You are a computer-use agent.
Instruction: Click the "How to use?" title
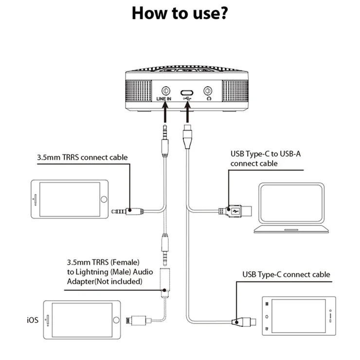pos(180,13)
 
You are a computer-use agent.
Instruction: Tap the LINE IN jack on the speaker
pos(166,90)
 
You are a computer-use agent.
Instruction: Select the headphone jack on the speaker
pos(209,90)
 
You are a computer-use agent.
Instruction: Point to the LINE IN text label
pos(164,99)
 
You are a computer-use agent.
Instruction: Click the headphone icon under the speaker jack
pos(209,99)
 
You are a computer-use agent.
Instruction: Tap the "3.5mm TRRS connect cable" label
pos(82,158)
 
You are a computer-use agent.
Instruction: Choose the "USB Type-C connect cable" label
pos(286,274)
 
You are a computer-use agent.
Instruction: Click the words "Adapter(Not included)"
pos(105,282)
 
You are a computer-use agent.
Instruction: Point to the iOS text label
pos(33,321)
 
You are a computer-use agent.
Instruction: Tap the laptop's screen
pos(291,203)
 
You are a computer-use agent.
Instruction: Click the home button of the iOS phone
pos(115,320)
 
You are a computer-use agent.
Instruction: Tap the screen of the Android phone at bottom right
pos(298,316)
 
